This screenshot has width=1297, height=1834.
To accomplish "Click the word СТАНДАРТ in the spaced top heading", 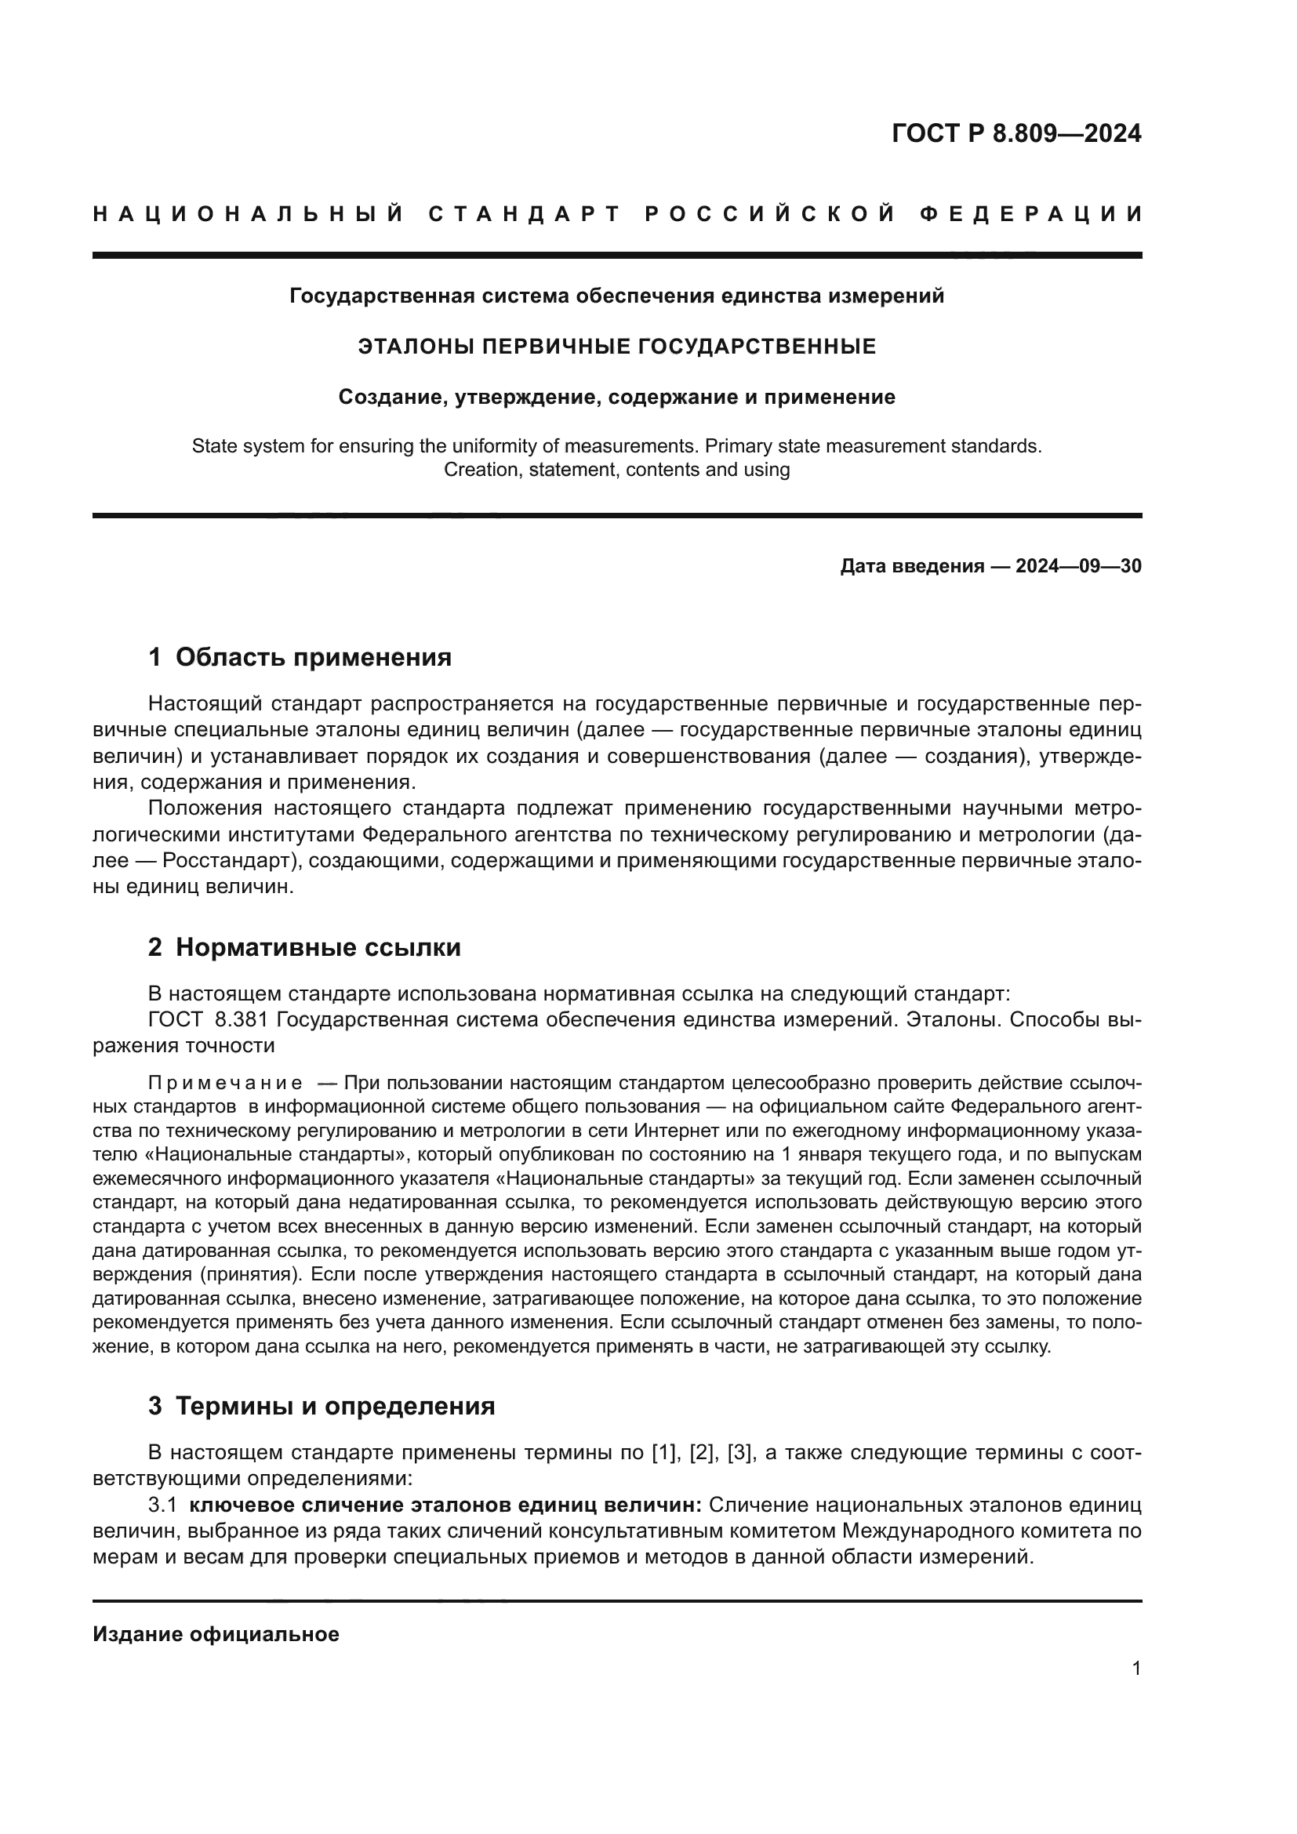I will (x=525, y=214).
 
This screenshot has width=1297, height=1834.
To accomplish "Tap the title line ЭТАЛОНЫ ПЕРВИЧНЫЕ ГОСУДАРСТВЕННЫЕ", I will (x=616, y=347).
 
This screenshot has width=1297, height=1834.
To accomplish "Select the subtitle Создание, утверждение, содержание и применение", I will (x=616, y=397).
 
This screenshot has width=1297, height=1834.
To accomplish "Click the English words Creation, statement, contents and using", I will (x=616, y=470).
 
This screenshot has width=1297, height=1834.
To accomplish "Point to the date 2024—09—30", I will (x=1078, y=566).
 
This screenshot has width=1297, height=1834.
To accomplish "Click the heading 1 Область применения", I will (x=300, y=657).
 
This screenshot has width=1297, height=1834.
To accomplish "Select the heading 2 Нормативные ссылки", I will (x=304, y=947).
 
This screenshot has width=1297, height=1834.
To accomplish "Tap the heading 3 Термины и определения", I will (x=321, y=1405).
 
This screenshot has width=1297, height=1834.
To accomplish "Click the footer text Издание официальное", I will (x=216, y=1634).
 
